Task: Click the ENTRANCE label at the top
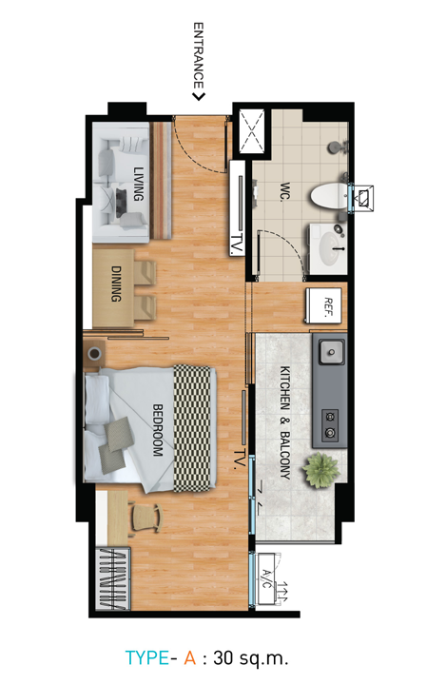point(199,56)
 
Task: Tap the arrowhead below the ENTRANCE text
point(199,96)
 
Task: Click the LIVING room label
point(139,184)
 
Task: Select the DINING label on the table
point(116,284)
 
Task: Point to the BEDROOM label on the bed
point(158,430)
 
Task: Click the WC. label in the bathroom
point(285,191)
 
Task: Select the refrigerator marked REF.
point(323,305)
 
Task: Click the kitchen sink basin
point(331,352)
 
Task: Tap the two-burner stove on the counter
point(331,425)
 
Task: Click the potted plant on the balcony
point(321,470)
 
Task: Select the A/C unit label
point(266,578)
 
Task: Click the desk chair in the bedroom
point(146,518)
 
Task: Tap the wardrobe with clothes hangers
point(113,578)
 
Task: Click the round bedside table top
point(94,353)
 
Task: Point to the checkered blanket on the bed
point(192,428)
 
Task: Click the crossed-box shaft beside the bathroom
point(252,131)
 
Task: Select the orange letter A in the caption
point(190,657)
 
